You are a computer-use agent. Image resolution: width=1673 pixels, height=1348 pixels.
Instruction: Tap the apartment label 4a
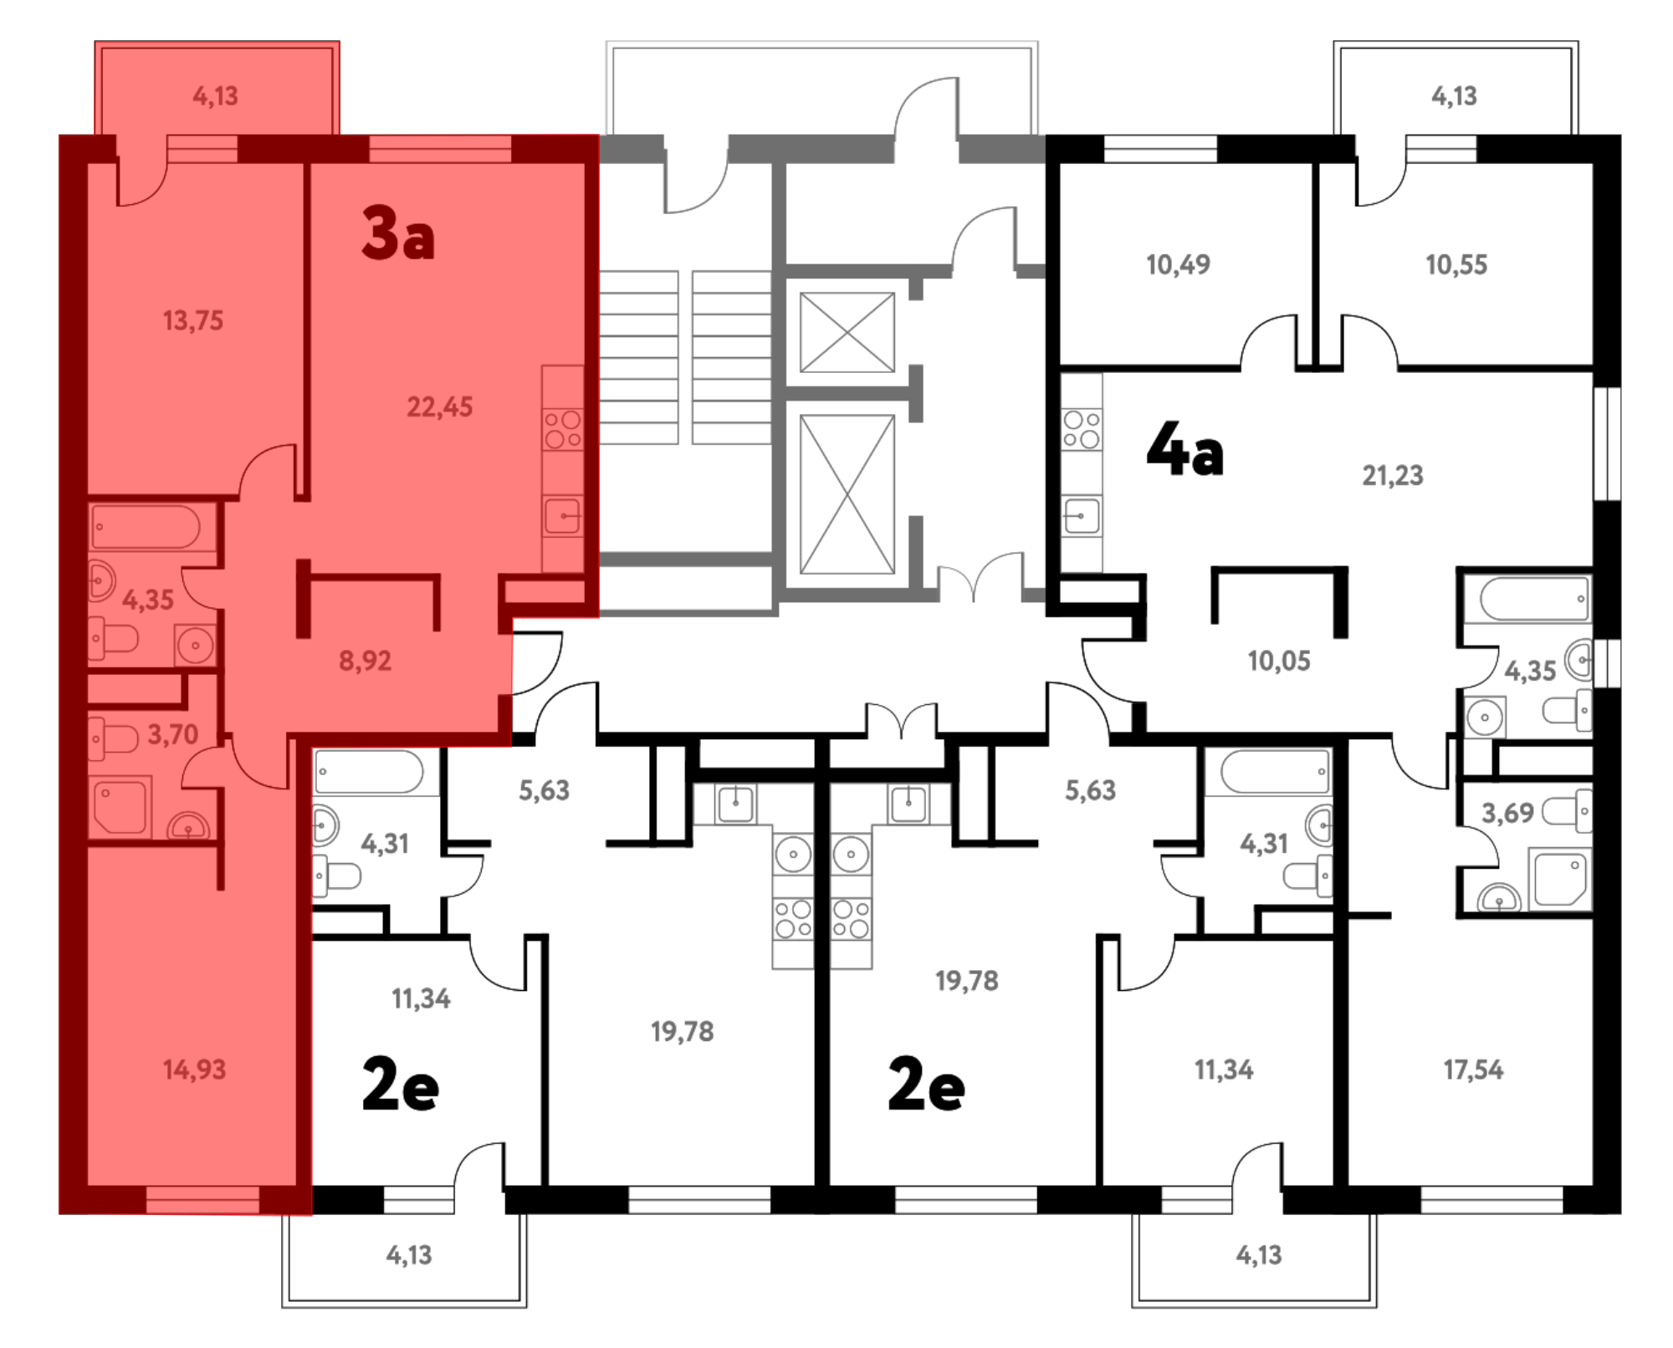pyautogui.click(x=1184, y=449)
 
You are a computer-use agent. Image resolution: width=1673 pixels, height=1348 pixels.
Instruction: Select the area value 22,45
pyautogui.click(x=439, y=407)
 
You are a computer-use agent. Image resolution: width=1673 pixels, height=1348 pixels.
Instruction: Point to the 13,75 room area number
pyautogui.click(x=193, y=320)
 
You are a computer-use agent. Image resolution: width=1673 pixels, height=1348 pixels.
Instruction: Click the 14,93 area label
pyautogui.click(x=194, y=1070)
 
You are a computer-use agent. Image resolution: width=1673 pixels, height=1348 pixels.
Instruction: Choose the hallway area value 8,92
pyautogui.click(x=365, y=661)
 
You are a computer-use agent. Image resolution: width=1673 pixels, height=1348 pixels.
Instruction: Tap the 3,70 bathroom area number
pyautogui.click(x=173, y=735)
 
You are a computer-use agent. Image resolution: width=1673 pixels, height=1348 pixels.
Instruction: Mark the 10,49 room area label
pyautogui.click(x=1178, y=265)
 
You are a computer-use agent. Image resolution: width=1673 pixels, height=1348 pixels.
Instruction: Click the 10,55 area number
pyautogui.click(x=1456, y=265)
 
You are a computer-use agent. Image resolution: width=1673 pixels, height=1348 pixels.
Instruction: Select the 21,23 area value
pyautogui.click(x=1393, y=476)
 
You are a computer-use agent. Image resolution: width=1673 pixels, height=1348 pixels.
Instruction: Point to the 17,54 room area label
pyautogui.click(x=1473, y=1070)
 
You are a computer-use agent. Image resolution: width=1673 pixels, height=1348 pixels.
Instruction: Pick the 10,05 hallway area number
pyautogui.click(x=1279, y=661)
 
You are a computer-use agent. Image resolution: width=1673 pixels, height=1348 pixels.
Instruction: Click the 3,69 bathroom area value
pyautogui.click(x=1507, y=813)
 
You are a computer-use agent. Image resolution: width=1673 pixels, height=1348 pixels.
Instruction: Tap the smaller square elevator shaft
pyautogui.click(x=847, y=332)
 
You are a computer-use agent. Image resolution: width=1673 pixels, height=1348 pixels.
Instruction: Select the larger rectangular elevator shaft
pyautogui.click(x=847, y=494)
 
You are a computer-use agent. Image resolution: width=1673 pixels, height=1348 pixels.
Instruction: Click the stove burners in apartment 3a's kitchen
pyautogui.click(x=563, y=429)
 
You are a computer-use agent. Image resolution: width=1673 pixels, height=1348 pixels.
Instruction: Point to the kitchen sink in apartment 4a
pyautogui.click(x=1082, y=516)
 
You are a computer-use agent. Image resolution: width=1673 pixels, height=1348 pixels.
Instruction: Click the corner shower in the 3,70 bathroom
pyautogui.click(x=120, y=808)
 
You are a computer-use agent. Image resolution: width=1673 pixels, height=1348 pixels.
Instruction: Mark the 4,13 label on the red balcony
pyautogui.click(x=216, y=96)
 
